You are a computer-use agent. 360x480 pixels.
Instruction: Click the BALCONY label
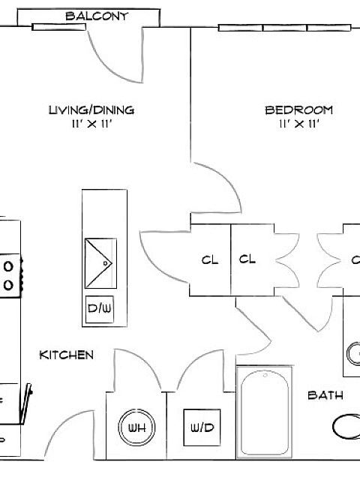97,16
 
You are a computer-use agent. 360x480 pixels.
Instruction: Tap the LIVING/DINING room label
91,110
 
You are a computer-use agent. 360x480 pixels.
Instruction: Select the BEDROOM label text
298,110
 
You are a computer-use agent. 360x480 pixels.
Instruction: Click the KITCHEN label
67,355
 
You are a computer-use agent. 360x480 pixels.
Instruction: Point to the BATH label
325,395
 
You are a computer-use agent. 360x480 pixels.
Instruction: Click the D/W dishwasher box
100,309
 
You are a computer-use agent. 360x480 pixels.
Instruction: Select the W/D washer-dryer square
202,427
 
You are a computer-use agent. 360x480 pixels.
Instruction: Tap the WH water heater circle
136,427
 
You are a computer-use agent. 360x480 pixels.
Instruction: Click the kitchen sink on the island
100,263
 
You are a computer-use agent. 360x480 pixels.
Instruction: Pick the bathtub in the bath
265,412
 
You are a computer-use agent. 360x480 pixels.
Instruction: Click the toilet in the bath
346,427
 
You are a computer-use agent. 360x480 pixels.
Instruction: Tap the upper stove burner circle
8,266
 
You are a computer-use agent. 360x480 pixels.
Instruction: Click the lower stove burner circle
8,285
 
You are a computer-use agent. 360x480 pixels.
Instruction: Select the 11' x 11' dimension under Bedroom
299,124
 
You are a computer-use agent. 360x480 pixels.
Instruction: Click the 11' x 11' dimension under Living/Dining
91,124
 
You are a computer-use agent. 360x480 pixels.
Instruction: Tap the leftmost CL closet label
210,260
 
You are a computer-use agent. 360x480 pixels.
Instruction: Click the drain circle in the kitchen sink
106,263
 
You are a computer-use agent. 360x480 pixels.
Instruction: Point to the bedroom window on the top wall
284,28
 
